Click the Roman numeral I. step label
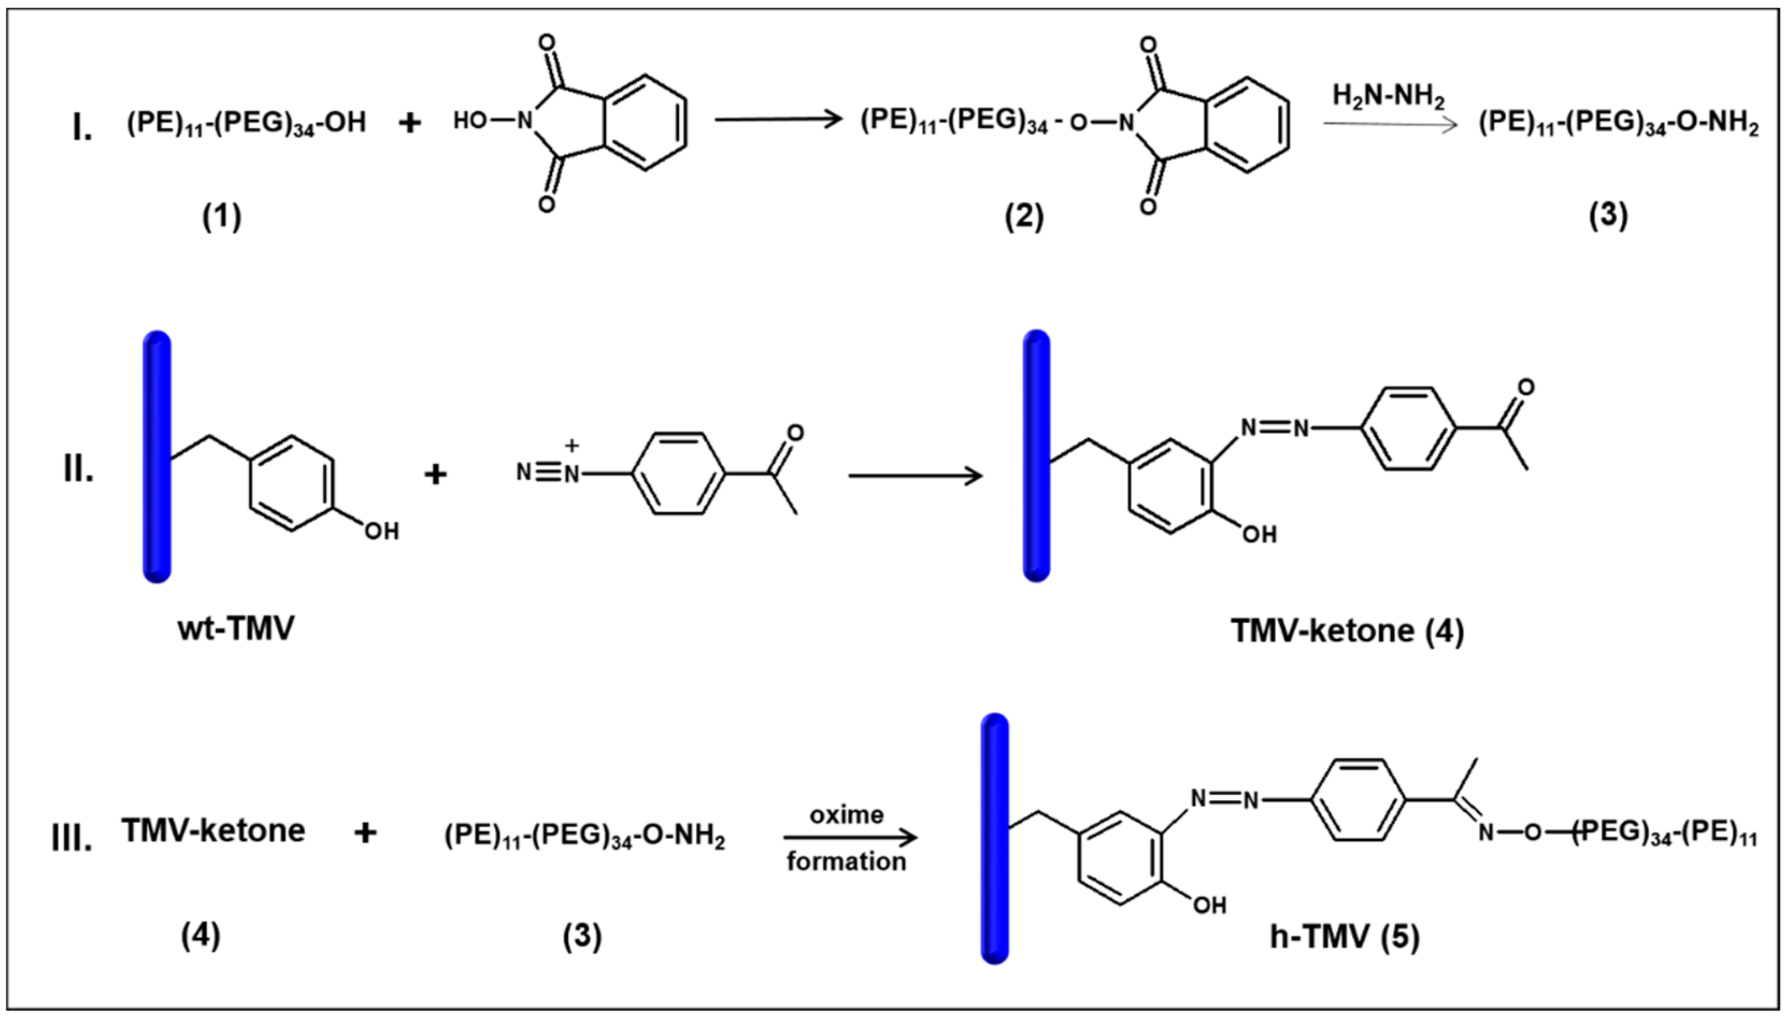tap(82, 129)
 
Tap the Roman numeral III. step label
tap(72, 838)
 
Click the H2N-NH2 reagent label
tap(1388, 97)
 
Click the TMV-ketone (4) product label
tap(1347, 631)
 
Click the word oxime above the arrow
tap(846, 815)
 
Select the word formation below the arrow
tap(846, 861)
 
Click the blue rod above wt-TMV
tap(157, 456)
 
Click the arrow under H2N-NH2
tap(1390, 125)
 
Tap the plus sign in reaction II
tap(435, 475)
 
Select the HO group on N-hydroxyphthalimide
tap(469, 121)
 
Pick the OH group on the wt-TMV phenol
tap(381, 531)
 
